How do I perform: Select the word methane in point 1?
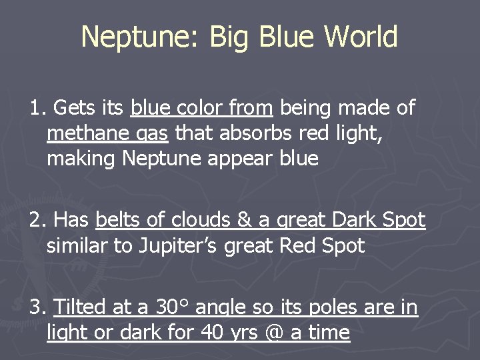point(89,134)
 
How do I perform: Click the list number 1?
point(37,107)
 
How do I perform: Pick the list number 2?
point(37,220)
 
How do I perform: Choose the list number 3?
point(37,307)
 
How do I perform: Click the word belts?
point(118,220)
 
